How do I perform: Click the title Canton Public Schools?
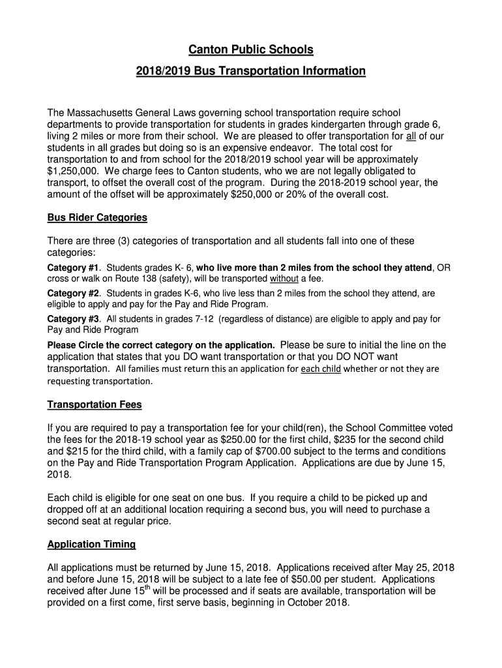tap(251, 50)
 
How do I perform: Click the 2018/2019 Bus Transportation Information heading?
tap(251, 70)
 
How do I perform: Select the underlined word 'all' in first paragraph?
tap(411, 136)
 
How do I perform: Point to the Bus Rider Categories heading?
tap(97, 217)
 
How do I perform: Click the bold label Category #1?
tap(73, 268)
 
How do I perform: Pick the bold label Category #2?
tap(73, 294)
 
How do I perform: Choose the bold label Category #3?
tap(73, 319)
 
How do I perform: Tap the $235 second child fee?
tap(346, 440)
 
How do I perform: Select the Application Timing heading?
tap(91, 544)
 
